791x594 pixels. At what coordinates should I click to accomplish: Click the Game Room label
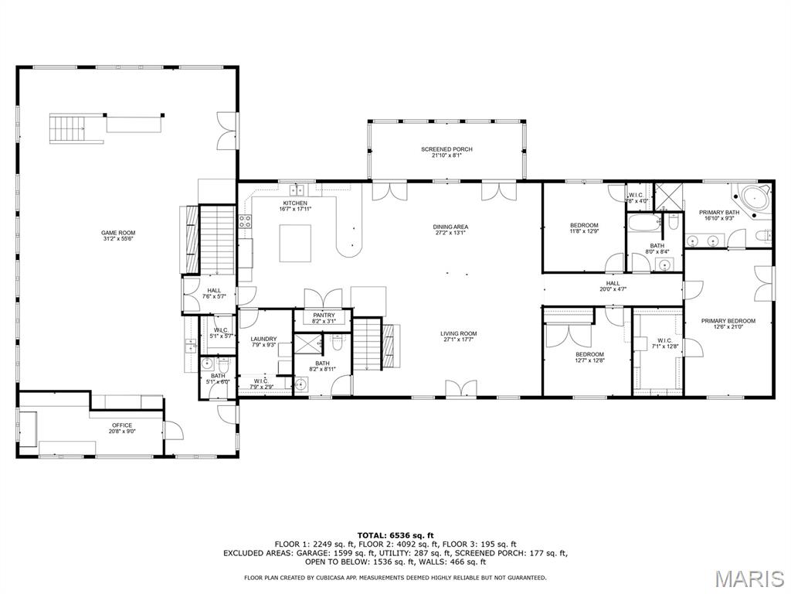(119, 236)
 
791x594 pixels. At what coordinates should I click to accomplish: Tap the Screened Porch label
(446, 152)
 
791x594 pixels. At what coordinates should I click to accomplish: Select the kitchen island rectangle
(295, 244)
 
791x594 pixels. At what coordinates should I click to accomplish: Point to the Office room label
(122, 428)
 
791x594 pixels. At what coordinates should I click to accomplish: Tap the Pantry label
(324, 318)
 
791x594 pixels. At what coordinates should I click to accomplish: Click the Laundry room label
(264, 342)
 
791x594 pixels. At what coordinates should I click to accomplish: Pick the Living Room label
(459, 336)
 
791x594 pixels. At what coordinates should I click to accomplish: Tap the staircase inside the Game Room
(69, 128)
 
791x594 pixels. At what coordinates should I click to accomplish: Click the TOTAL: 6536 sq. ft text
(395, 535)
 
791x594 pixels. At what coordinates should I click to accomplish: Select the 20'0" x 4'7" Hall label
(613, 286)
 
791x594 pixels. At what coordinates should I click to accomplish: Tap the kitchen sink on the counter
(297, 190)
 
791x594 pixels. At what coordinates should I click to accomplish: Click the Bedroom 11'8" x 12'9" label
(584, 228)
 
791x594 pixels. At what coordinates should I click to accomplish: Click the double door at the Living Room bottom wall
(461, 389)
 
